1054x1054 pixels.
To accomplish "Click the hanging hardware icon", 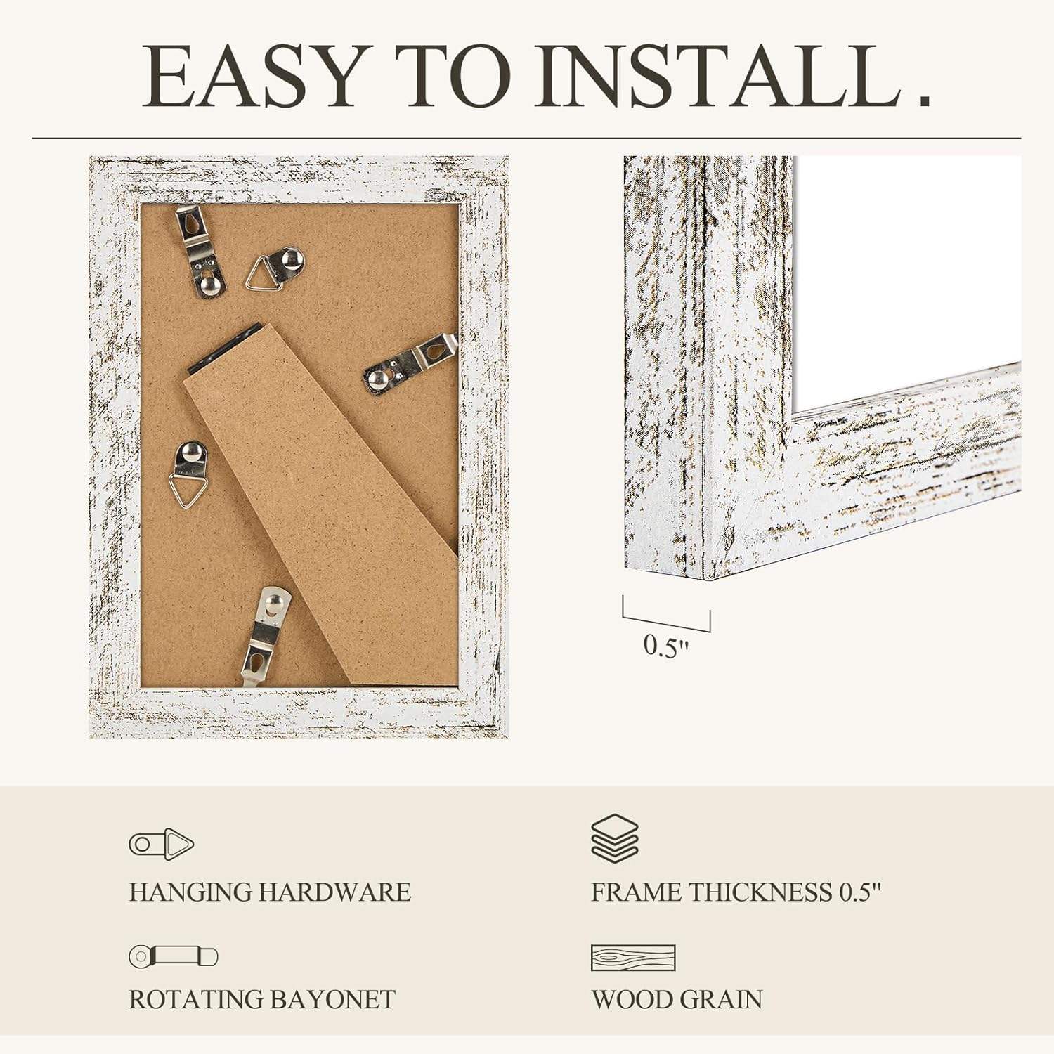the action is (161, 843).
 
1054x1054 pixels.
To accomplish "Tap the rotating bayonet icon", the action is (174, 956).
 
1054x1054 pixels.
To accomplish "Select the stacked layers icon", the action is (615, 838).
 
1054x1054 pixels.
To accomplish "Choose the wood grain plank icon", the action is (633, 958).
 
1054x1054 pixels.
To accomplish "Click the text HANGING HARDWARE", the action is (270, 892).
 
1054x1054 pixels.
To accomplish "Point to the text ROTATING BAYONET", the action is (262, 1000).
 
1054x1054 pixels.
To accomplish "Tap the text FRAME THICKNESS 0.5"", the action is (736, 892).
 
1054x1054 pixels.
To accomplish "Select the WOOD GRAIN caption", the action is (677, 1000).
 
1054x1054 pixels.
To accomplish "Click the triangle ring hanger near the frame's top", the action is (275, 268).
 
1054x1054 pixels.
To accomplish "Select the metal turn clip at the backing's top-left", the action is (197, 249).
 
